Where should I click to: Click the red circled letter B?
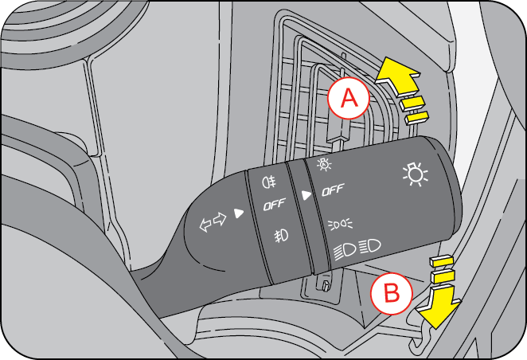(392, 293)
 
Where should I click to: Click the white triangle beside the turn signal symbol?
(238, 212)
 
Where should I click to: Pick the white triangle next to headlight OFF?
(306, 194)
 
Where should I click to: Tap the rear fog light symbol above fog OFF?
(268, 179)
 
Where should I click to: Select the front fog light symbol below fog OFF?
(280, 235)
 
